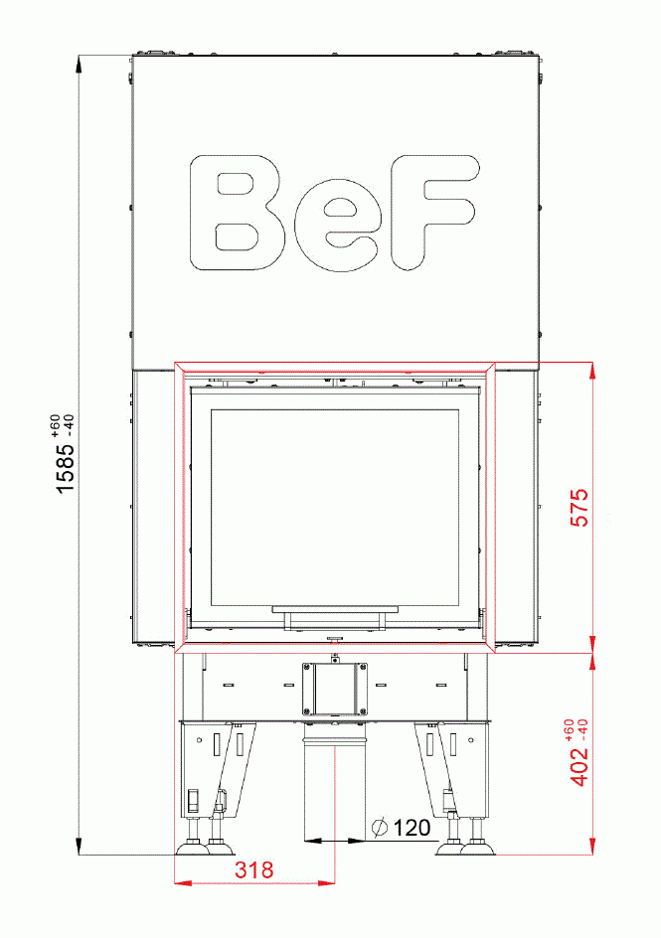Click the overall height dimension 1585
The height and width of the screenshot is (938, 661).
[65, 468]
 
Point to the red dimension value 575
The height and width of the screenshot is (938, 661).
[580, 506]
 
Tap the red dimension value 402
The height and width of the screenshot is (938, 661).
[580, 766]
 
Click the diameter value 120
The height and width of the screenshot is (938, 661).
[412, 827]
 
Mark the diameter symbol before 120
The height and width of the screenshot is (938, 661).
[379, 827]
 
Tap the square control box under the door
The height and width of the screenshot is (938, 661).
[335, 687]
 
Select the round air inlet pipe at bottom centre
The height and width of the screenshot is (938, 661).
[335, 785]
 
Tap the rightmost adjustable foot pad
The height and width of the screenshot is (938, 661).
[480, 849]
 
